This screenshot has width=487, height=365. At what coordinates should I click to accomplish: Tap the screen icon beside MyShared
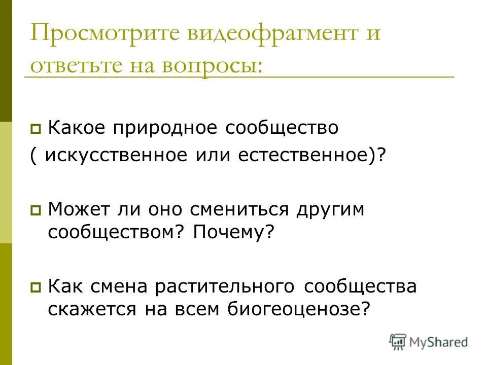point(398,342)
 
